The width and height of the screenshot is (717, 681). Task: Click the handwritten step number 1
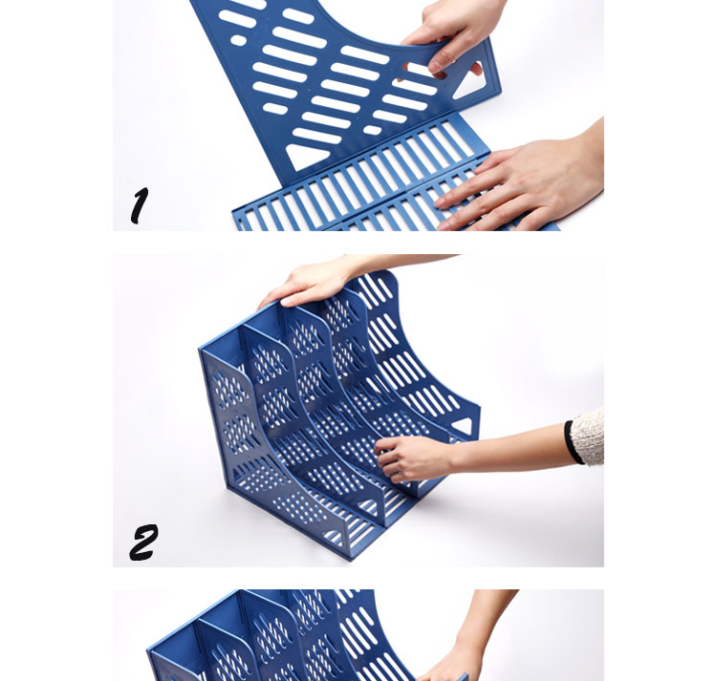140,205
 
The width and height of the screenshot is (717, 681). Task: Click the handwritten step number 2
143,542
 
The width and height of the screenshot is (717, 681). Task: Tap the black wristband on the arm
570,441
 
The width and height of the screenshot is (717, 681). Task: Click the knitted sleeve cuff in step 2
589,437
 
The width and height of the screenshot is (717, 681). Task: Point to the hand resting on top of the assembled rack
311,283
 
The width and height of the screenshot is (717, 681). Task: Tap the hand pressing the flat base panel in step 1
521,182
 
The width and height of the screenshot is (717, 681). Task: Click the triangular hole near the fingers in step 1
470,83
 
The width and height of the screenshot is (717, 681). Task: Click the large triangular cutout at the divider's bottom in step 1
304,156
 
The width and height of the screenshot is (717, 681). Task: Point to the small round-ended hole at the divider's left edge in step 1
238,40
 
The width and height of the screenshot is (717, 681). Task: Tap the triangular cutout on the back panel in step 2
463,425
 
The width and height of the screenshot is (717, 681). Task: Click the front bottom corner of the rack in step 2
351,557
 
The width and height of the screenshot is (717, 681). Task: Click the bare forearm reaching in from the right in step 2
508,445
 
